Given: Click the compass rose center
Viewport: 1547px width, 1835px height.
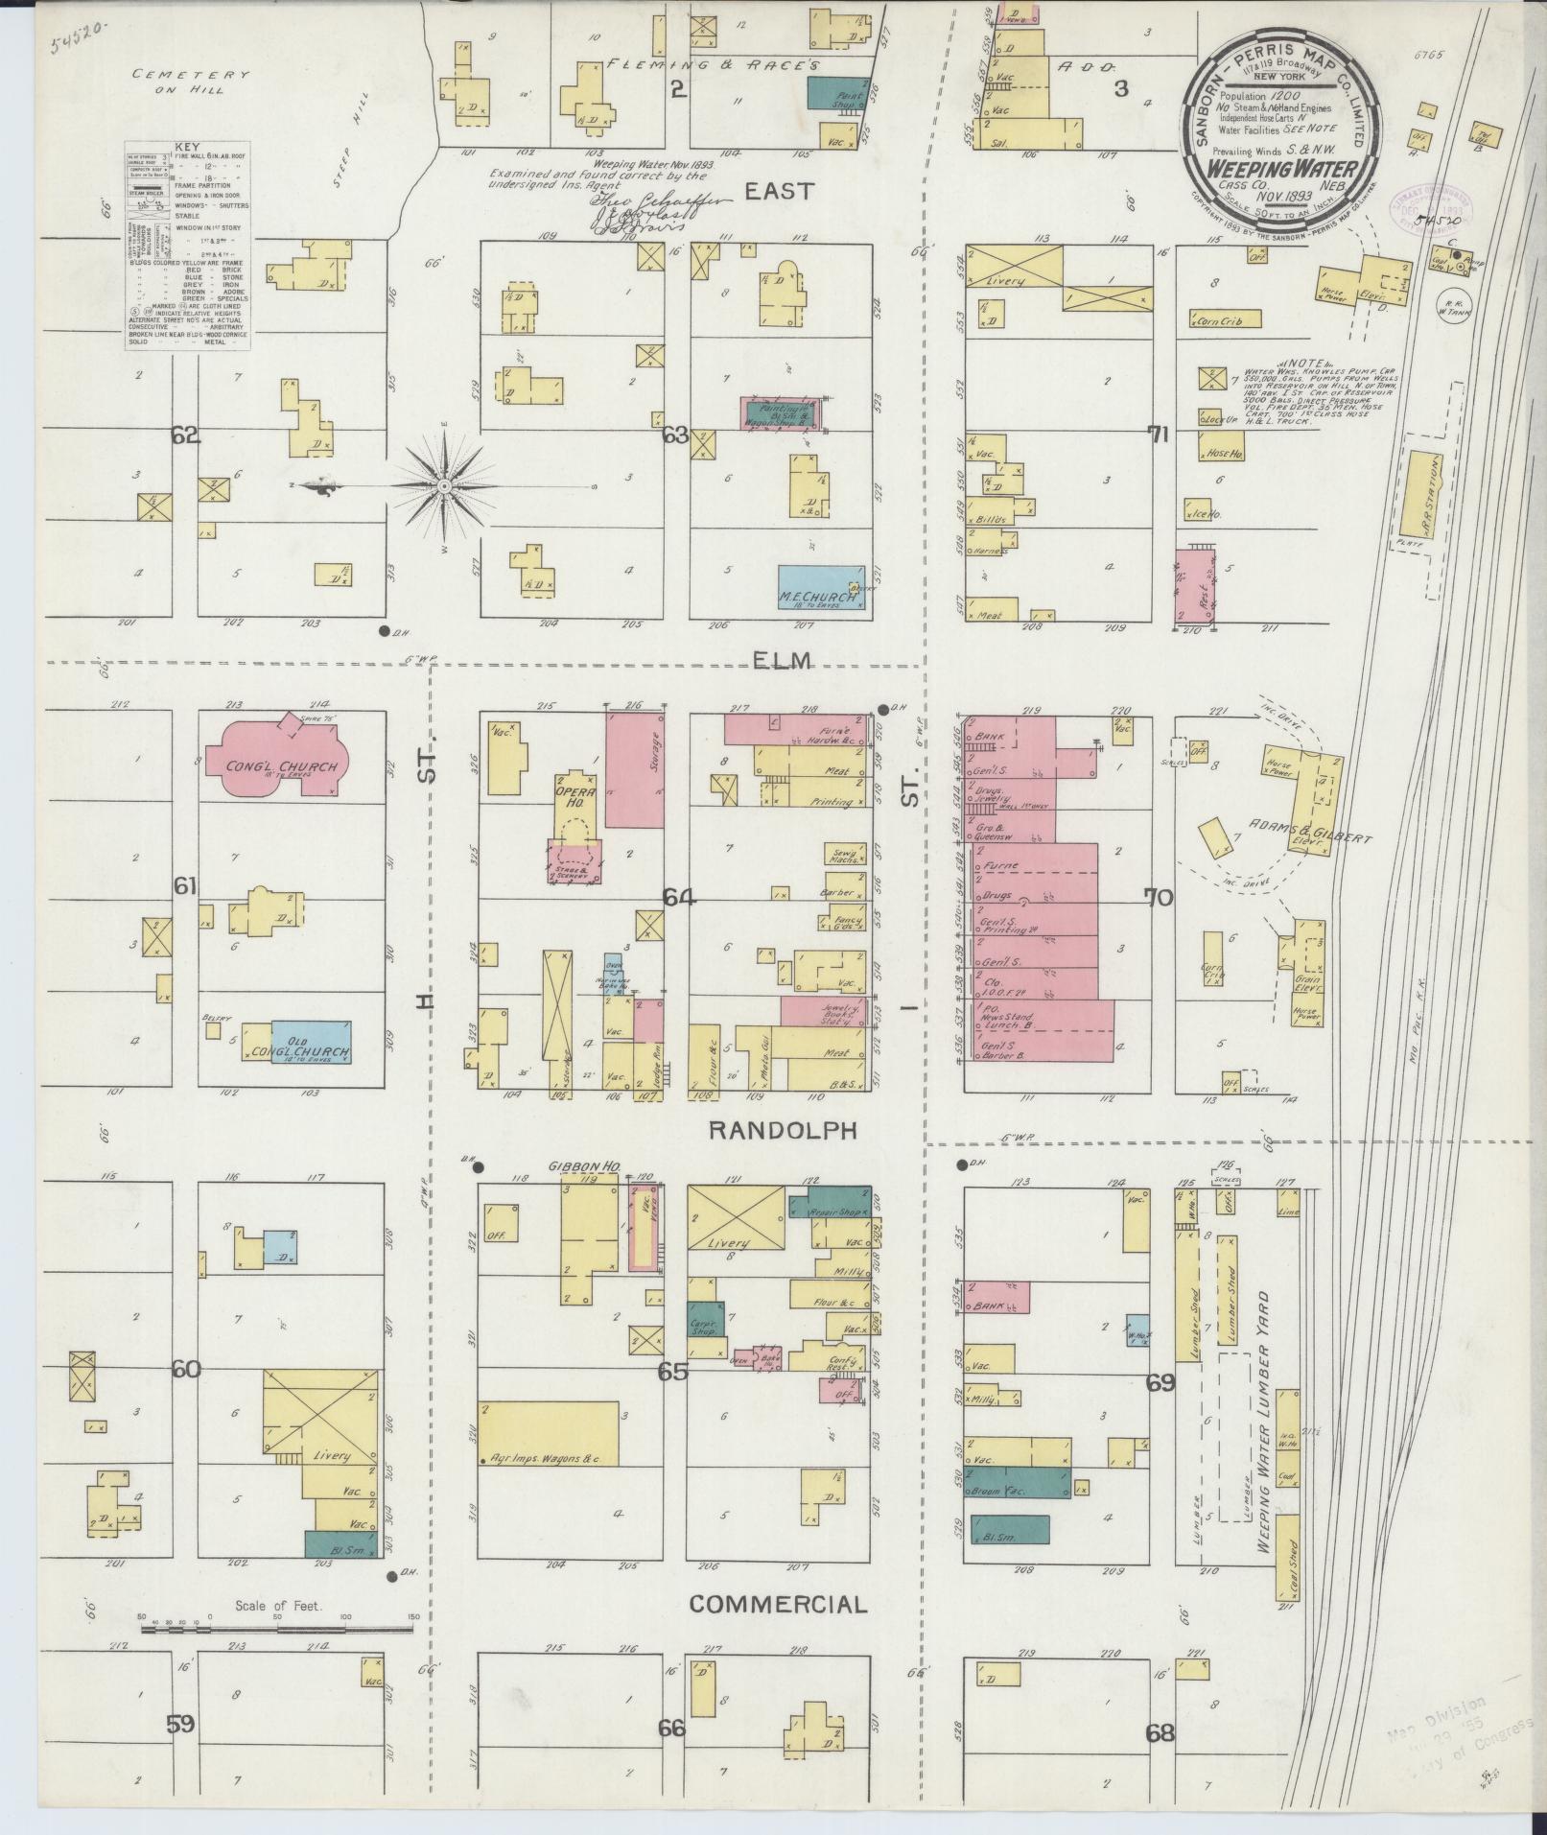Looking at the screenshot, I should click(444, 487).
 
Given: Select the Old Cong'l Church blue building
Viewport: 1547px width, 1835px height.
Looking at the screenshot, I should click(309, 1044).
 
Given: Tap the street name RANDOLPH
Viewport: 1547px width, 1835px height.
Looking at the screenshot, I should click(782, 1131).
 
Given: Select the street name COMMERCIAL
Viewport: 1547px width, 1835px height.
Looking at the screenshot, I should click(778, 1603).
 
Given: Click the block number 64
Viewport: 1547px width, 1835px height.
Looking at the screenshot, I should click(679, 898).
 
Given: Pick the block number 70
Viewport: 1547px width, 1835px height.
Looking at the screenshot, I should click(1159, 898).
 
